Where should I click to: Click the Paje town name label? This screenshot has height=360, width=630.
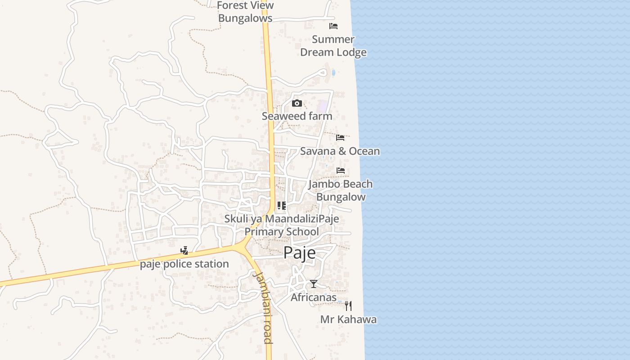click(299, 253)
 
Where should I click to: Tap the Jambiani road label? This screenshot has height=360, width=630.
click(264, 307)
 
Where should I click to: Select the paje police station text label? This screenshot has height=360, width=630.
click(184, 264)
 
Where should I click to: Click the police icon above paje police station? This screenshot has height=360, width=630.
click(184, 251)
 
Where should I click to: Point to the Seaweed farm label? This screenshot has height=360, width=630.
click(297, 116)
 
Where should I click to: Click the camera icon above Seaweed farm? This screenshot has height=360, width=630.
click(297, 103)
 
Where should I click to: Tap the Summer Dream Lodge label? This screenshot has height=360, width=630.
click(333, 46)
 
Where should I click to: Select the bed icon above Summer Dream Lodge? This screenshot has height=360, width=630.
click(333, 26)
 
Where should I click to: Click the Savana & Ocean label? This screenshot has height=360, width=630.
click(340, 151)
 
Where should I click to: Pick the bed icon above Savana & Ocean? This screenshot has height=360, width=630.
click(341, 138)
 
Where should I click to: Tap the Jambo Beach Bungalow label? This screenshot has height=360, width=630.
click(341, 190)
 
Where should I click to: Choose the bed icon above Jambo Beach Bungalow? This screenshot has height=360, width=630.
click(341, 171)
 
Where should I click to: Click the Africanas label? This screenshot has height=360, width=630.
click(314, 297)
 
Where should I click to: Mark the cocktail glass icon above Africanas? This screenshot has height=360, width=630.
click(314, 284)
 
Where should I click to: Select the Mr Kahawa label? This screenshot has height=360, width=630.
click(348, 319)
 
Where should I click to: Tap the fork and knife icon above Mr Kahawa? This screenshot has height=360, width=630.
click(348, 306)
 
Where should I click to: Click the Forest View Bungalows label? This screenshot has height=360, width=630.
click(245, 12)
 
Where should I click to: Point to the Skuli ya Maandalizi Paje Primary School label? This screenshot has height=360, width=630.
click(282, 225)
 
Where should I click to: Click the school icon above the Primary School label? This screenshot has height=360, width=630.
click(282, 206)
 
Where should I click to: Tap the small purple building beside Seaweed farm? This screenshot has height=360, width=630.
click(323, 107)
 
